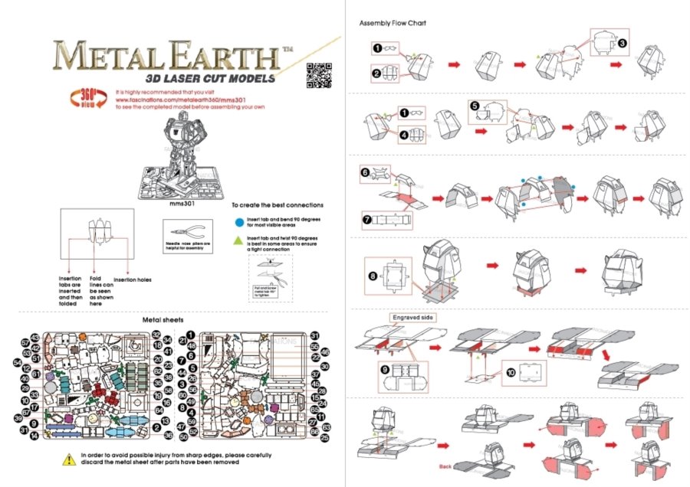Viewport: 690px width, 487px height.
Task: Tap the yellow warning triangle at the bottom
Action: [67, 459]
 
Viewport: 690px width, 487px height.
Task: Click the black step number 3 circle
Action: [623, 44]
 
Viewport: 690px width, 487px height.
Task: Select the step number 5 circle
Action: [475, 106]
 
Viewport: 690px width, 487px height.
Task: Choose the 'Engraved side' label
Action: [413, 317]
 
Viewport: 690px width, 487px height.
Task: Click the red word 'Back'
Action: [445, 466]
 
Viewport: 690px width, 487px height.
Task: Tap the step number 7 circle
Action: [367, 218]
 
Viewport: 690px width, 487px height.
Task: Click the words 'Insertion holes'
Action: [133, 279]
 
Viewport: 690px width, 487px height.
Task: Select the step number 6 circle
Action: [366, 173]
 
